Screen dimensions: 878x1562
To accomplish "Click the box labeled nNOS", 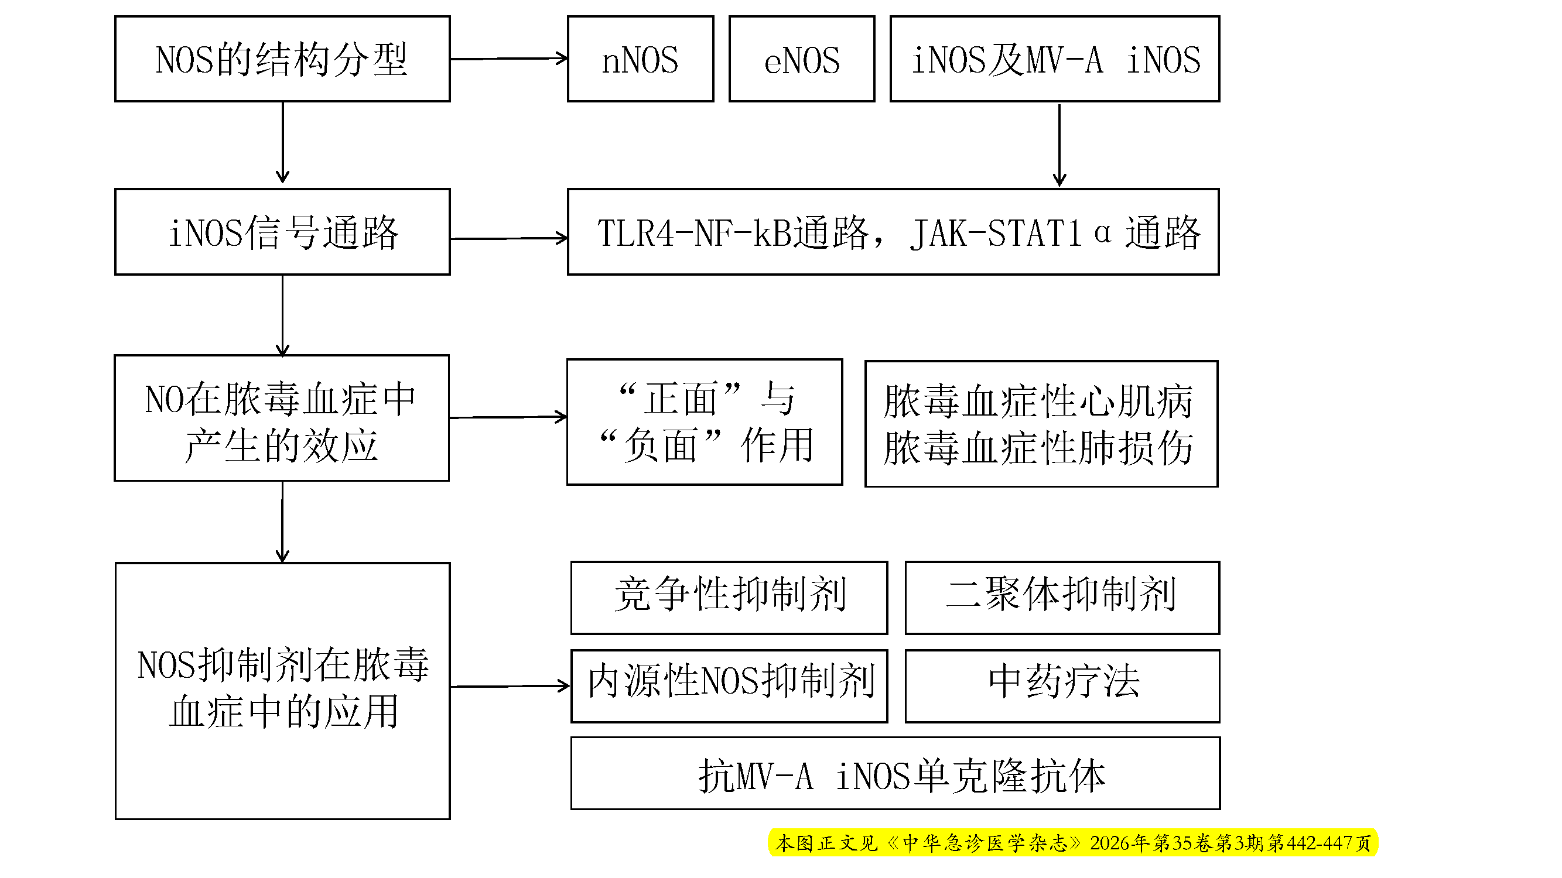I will click(x=640, y=59).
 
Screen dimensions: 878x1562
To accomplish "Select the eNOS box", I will click(x=802, y=59).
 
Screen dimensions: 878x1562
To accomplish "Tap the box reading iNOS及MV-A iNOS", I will click(x=1054, y=59).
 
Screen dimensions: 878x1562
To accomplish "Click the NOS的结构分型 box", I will click(x=282, y=59).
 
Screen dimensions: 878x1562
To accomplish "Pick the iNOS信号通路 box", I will click(x=282, y=232).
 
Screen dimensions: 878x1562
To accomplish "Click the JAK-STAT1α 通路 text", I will click(x=1055, y=233).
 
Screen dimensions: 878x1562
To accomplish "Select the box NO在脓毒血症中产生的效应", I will click(x=282, y=418).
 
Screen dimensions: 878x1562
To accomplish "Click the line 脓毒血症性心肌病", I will click(x=1038, y=401).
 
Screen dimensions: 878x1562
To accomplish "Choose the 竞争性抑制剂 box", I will click(x=729, y=598).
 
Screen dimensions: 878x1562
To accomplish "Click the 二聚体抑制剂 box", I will click(x=1062, y=598).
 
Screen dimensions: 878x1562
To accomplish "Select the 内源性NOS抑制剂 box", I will click(x=729, y=686).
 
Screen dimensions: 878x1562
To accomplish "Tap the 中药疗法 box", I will click(x=1062, y=686).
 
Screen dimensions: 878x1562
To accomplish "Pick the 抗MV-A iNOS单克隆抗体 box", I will click(x=895, y=773).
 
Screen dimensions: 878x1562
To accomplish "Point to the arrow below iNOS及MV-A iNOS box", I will click(x=1059, y=145).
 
